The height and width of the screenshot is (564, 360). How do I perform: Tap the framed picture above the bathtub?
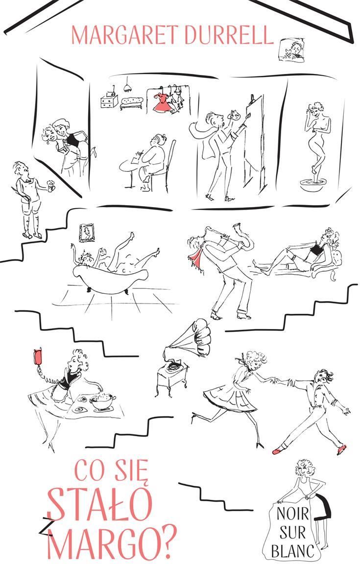coord(87,233)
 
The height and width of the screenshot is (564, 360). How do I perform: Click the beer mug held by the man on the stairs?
coord(51,186)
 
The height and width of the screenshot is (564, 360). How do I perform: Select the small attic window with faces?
coord(291,50)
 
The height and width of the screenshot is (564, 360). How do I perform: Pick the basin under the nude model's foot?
coord(311,185)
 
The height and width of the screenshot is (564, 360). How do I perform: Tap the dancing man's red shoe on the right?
coord(340,449)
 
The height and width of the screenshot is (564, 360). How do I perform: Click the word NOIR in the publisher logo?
coord(293,514)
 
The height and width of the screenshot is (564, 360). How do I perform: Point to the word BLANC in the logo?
coord(293,550)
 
